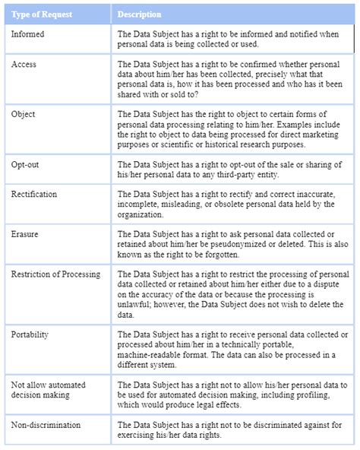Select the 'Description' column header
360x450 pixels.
pyautogui.click(x=139, y=14)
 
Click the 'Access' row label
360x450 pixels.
pyautogui.click(x=24, y=65)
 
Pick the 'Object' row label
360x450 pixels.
pyautogui.click(x=24, y=115)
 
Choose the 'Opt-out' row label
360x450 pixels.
pyautogui.click(x=27, y=165)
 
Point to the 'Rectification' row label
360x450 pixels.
pyautogui.click(x=34, y=195)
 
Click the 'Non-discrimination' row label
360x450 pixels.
pyautogui.click(x=46, y=424)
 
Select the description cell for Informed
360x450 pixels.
pyautogui.click(x=232, y=39)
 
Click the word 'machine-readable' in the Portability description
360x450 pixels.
pyautogui.click(x=153, y=355)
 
